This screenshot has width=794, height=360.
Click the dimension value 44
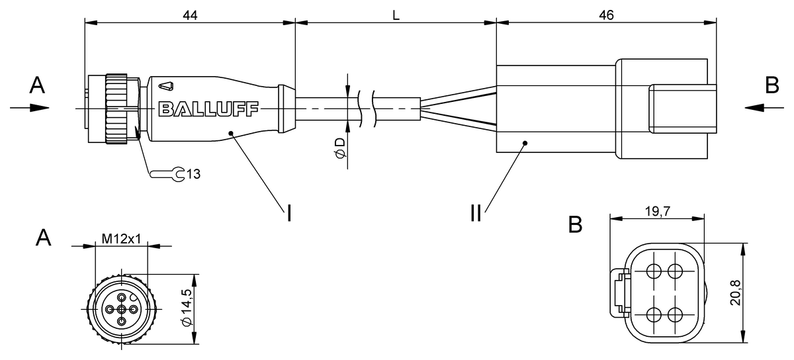point(190,15)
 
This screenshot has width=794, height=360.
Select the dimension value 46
point(606,15)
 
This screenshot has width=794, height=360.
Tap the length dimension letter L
point(396,15)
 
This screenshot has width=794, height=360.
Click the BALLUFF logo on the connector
point(209,109)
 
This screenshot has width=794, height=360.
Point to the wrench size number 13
point(193,174)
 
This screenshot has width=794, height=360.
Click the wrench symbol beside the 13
point(167,174)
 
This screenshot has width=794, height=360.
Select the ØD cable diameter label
point(340,148)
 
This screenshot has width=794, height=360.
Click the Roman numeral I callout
point(289,213)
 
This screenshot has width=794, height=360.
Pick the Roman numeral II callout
point(476,213)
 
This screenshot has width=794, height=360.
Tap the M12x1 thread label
point(121,239)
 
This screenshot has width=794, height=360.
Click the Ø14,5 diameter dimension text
point(186,308)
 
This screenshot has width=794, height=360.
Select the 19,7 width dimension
point(658,211)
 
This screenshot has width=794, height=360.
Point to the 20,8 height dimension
point(735,292)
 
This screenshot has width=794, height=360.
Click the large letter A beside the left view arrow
point(37,85)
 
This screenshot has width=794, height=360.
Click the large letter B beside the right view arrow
point(772,85)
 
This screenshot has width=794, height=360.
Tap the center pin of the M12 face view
point(122,309)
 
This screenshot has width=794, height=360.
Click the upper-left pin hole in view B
point(654,272)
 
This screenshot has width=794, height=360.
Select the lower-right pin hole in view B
point(675,314)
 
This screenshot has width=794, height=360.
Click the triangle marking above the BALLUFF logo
point(166,86)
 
